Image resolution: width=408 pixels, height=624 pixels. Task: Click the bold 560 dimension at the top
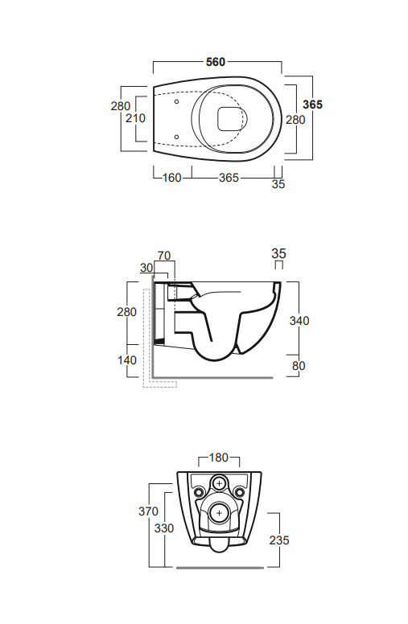[216, 62]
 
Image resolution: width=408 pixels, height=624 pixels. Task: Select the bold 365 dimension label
[312, 105]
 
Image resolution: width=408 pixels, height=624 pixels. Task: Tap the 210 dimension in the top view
[135, 118]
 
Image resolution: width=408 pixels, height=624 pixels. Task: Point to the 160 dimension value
[172, 178]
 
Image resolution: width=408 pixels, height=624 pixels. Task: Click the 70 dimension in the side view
[163, 256]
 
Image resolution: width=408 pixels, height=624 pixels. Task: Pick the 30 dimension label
[146, 268]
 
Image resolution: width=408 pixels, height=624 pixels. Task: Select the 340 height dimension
[299, 320]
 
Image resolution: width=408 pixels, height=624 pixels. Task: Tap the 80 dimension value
[299, 365]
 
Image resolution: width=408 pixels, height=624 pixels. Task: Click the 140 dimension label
[127, 359]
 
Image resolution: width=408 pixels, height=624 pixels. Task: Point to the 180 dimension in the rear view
[219, 458]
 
